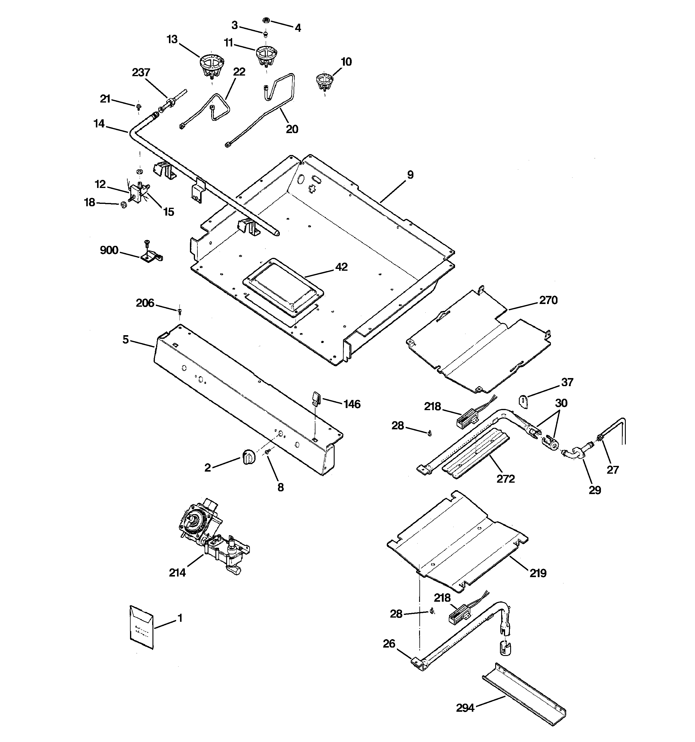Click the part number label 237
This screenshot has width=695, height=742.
[141, 73]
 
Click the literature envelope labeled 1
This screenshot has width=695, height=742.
[142, 627]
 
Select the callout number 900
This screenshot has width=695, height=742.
[109, 250]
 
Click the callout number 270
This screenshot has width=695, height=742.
[548, 300]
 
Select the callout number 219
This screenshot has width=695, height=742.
[537, 573]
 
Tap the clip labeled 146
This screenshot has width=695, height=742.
[316, 398]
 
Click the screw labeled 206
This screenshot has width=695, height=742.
[179, 310]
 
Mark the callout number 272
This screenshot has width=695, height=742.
[505, 479]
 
